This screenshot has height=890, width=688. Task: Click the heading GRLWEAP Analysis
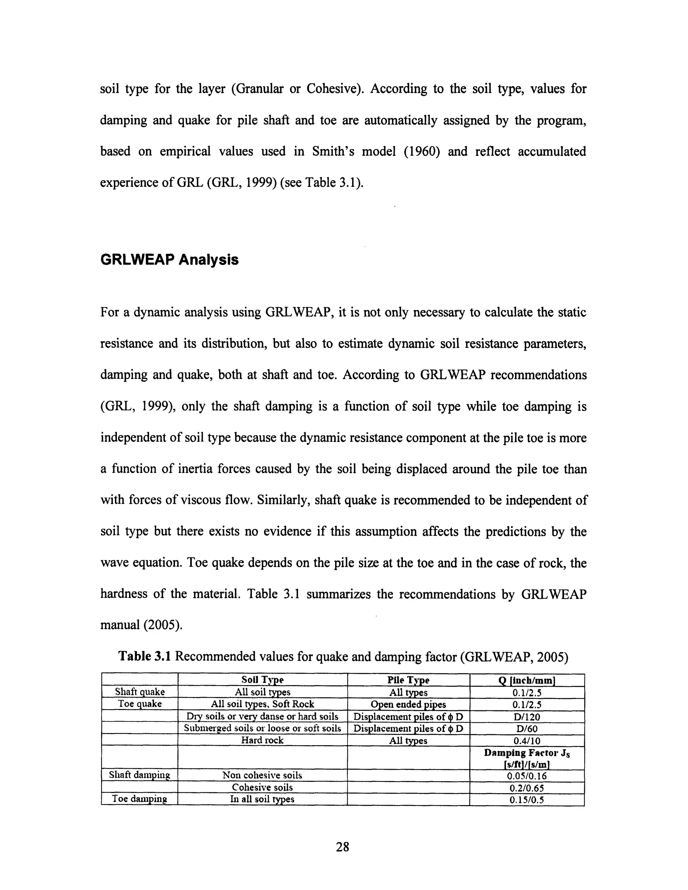[x=169, y=260]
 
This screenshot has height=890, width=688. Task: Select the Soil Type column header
[x=262, y=680]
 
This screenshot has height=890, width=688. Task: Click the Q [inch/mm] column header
[x=527, y=680]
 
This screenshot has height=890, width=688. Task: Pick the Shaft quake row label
[x=140, y=692]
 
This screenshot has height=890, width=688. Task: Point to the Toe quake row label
[x=140, y=704]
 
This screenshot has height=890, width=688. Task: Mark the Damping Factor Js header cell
[x=527, y=758]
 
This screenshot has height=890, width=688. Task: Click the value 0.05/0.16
[x=527, y=776]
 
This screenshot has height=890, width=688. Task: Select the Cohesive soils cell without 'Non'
[x=262, y=787]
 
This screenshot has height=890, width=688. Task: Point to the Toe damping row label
[x=140, y=799]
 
